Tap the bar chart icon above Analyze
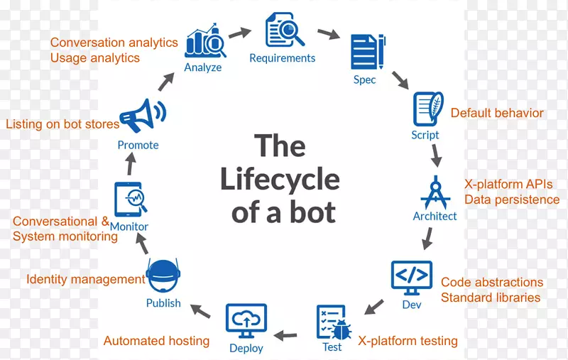coord(205,43)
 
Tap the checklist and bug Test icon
coord(332,322)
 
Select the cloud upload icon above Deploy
coord(246,322)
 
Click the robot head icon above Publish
coord(163,276)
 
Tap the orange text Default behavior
coord(497,113)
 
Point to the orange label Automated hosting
coord(156,341)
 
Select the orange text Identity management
coord(85,279)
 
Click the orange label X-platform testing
coord(408,341)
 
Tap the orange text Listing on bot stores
coord(62,124)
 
